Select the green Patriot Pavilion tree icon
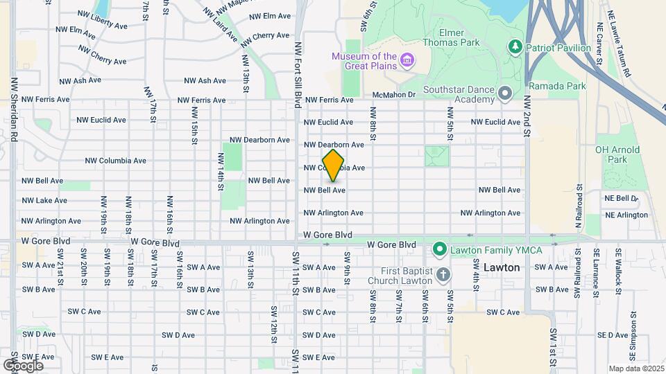(x=515, y=46)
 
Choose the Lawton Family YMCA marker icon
(x=438, y=248)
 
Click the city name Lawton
(x=502, y=267)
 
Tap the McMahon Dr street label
(x=393, y=95)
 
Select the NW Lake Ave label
(x=44, y=201)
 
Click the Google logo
(x=23, y=365)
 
